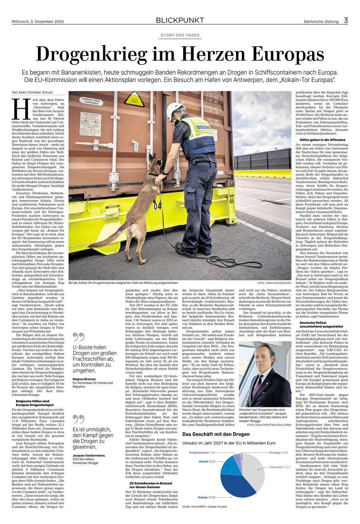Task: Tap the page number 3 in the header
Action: coord(346,20)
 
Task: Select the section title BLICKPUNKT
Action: coord(180,20)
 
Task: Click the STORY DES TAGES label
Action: coord(180,36)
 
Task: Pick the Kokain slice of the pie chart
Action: coord(237,484)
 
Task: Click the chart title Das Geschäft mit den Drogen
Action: coord(216,434)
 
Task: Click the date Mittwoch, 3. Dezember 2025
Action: coord(38,22)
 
